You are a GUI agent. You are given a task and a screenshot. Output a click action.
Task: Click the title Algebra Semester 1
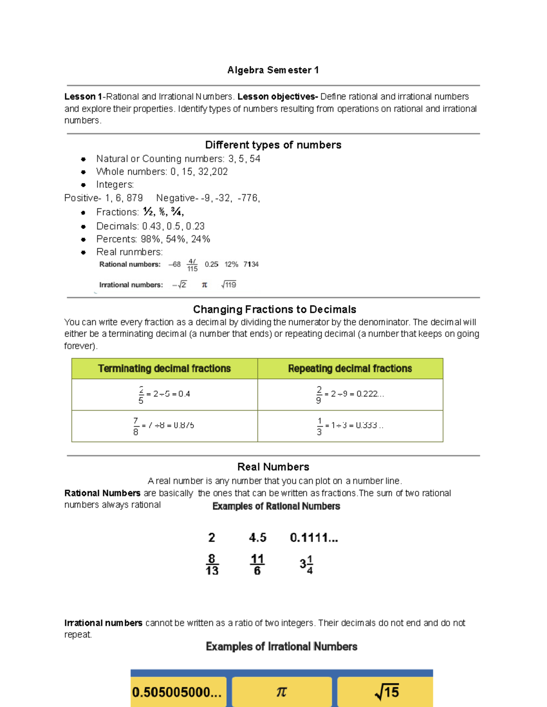coord(273,70)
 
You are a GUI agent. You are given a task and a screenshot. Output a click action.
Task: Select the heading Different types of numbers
coord(273,145)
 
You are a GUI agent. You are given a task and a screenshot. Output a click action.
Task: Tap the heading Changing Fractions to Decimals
coord(274,310)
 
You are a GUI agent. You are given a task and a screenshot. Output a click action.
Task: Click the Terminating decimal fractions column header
coord(164,369)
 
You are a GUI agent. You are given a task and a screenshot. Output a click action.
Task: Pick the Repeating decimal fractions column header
coord(350,369)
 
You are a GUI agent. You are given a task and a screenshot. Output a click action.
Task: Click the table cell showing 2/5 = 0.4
coord(164,394)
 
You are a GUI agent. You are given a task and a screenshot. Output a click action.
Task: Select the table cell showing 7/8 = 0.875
coord(164,426)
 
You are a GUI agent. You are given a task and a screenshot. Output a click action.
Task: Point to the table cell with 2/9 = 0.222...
coord(350,394)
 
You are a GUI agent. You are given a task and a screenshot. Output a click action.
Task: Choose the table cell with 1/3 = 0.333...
coord(350,426)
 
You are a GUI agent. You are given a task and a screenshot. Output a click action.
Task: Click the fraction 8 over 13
coord(212,565)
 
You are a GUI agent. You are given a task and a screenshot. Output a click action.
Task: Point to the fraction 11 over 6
coord(257,565)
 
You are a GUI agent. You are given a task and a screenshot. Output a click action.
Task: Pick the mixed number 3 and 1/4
coord(306,565)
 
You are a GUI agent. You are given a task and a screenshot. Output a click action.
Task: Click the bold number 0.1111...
coord(314,538)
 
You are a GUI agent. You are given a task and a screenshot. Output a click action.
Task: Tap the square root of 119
coord(229,285)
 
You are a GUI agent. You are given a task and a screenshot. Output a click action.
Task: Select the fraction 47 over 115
coord(192,265)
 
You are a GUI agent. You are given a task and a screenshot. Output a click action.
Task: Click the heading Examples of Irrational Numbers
coord(281,646)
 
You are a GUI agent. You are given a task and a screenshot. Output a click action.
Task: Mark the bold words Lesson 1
coord(83,97)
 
